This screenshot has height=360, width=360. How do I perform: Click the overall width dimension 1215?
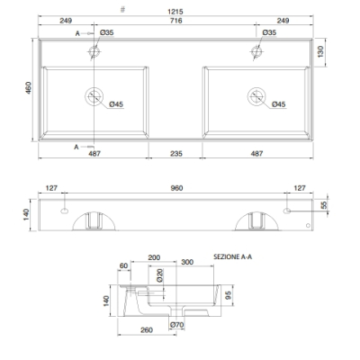click(x=175, y=12)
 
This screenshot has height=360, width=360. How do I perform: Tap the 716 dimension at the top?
click(x=175, y=21)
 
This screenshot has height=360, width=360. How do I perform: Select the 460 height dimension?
click(x=28, y=88)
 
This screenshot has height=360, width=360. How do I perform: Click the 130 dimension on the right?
click(x=320, y=51)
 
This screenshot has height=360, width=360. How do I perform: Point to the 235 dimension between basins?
click(x=176, y=154)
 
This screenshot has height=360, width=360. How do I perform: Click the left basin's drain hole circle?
click(x=94, y=96)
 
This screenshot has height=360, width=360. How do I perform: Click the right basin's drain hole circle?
click(x=256, y=96)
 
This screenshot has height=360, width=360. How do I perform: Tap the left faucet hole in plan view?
click(x=94, y=51)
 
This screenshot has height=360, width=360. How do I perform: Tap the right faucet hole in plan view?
click(x=256, y=51)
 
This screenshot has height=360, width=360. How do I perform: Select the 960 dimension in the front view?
click(x=176, y=188)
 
